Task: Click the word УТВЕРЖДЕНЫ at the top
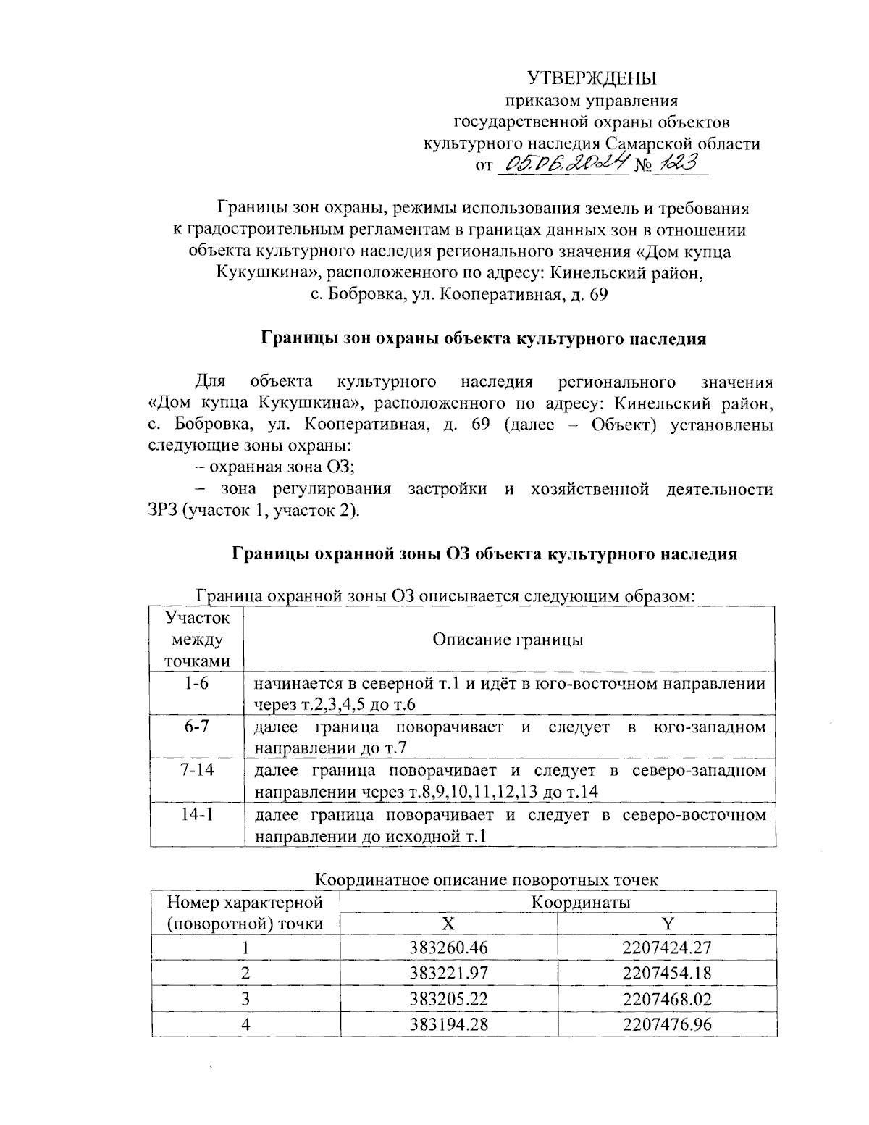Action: (591, 78)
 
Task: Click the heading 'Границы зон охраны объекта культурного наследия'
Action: (483, 338)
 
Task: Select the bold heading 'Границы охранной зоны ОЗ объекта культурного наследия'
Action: (484, 554)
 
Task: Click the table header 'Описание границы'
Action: (508, 640)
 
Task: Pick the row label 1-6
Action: (196, 683)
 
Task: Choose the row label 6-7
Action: (196, 727)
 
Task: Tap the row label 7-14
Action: (196, 770)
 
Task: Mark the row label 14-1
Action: (196, 815)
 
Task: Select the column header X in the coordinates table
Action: (449, 924)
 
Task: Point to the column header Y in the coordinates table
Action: (667, 924)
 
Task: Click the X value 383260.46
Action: (449, 947)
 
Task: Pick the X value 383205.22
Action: (449, 999)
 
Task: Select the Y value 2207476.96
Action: (667, 1025)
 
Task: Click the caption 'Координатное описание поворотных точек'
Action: (487, 880)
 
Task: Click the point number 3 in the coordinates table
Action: (245, 999)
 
